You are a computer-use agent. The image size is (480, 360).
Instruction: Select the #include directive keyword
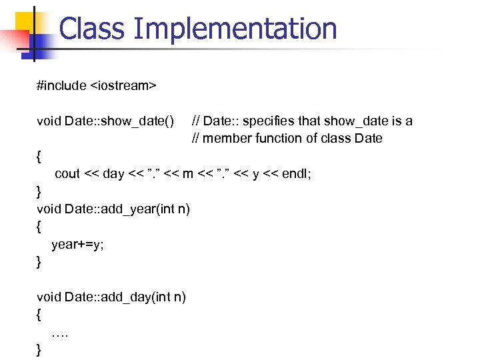point(61,85)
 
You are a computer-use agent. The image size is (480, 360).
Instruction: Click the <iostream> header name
point(123,85)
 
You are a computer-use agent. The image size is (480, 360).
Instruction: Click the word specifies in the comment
point(267,121)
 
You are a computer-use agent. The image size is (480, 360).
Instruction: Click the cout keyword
point(67,173)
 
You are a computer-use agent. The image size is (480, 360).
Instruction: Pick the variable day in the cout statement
point(113,173)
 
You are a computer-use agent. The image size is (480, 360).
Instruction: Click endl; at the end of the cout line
point(297,173)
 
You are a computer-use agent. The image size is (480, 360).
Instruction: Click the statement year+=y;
point(77,244)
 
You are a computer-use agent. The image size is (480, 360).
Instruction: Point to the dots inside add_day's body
point(59,331)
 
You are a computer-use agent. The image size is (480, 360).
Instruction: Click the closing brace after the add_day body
point(39,349)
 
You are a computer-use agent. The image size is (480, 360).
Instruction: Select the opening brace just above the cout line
point(39,156)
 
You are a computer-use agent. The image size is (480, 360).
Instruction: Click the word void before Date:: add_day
point(49,297)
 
